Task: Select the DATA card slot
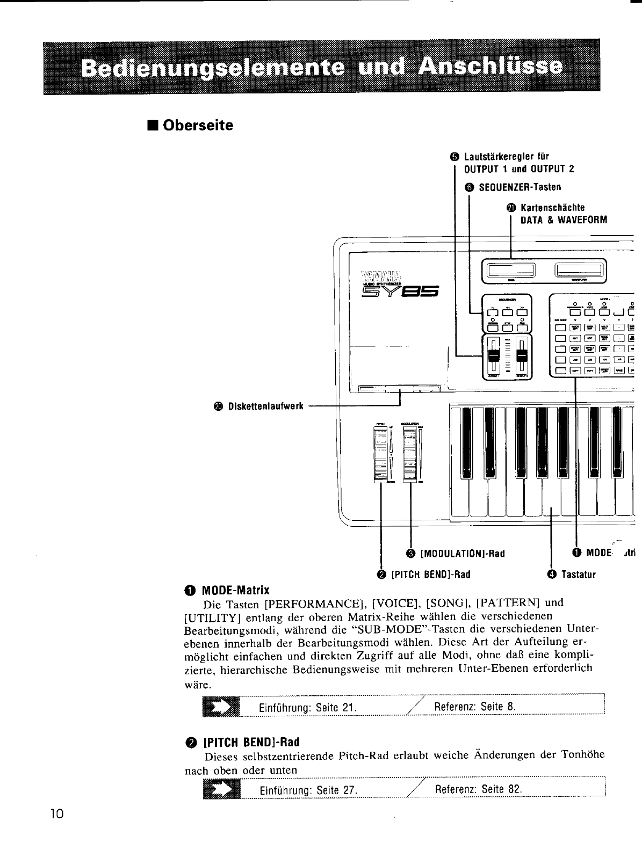pyautogui.click(x=510, y=269)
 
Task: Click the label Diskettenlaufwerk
pyautogui.click(x=265, y=406)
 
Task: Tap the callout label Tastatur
pyautogui.click(x=578, y=575)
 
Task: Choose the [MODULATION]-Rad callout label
pyautogui.click(x=463, y=554)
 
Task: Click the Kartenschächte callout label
pyautogui.click(x=553, y=208)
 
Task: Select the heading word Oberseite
pyautogui.click(x=198, y=126)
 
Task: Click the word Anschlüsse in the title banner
pyautogui.click(x=490, y=68)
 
